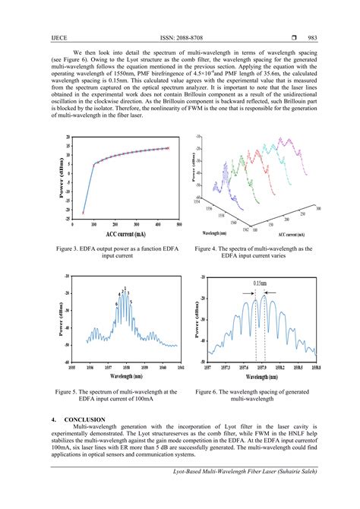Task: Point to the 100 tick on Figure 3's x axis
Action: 94,226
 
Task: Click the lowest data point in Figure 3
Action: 83,213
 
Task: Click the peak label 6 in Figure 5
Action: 116,304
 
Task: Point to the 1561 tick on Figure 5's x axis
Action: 179,367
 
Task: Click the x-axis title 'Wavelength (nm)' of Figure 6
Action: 263,376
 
